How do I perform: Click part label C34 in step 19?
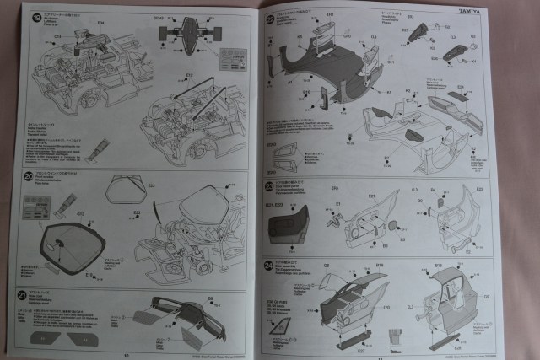pyautogui.click(x=101, y=20)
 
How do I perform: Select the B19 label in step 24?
pyautogui.click(x=380, y=266)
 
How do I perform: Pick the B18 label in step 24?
pyautogui.click(x=439, y=266)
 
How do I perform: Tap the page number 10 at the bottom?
pyautogui.click(x=125, y=355)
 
